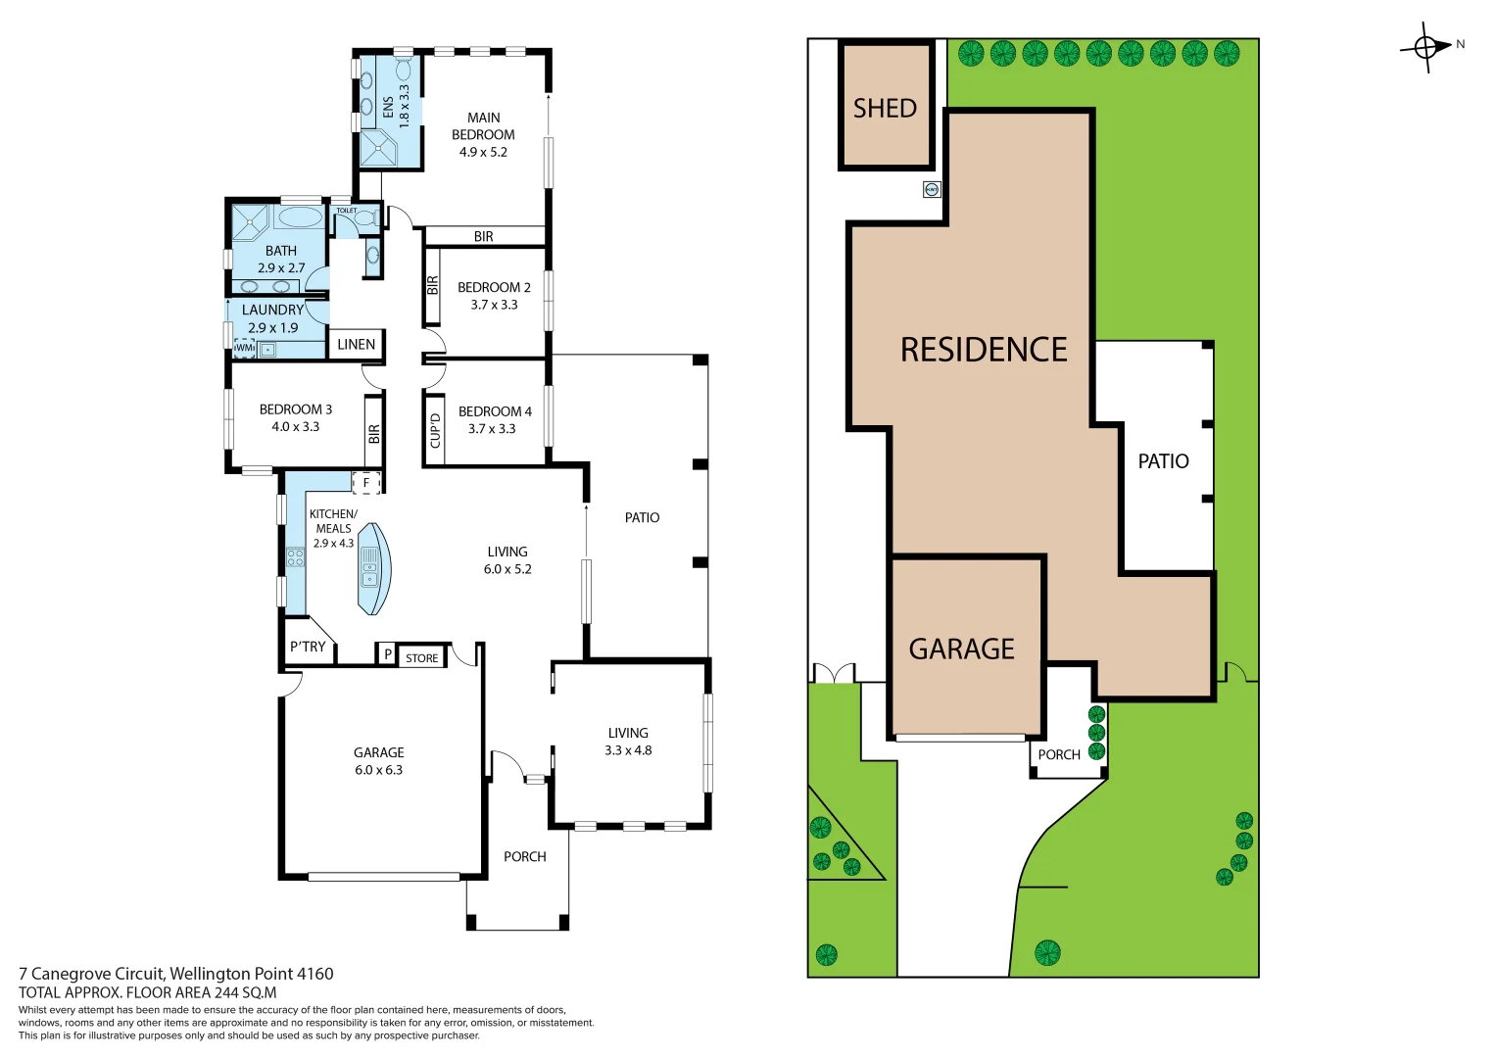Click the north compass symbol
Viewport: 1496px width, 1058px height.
click(x=1427, y=46)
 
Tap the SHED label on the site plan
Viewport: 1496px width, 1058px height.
click(x=885, y=108)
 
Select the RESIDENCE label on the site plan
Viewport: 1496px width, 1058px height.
click(x=984, y=350)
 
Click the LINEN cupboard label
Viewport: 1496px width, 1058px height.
click(x=356, y=344)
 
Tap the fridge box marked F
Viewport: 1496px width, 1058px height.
click(x=366, y=483)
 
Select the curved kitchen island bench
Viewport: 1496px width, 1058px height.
click(x=372, y=569)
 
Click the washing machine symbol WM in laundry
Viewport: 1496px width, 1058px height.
click(x=244, y=348)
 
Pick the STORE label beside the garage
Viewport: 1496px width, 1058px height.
click(x=422, y=658)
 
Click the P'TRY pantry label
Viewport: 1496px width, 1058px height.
click(x=308, y=647)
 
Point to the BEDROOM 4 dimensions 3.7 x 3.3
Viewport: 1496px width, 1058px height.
click(x=492, y=429)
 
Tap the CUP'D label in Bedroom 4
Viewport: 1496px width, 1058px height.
click(x=435, y=430)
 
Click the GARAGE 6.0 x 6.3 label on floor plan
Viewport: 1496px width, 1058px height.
click(x=378, y=761)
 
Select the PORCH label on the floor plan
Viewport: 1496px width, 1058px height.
click(x=525, y=856)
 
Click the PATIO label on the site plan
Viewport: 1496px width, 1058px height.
click(x=1163, y=460)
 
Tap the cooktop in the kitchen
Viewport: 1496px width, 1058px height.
click(x=295, y=557)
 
